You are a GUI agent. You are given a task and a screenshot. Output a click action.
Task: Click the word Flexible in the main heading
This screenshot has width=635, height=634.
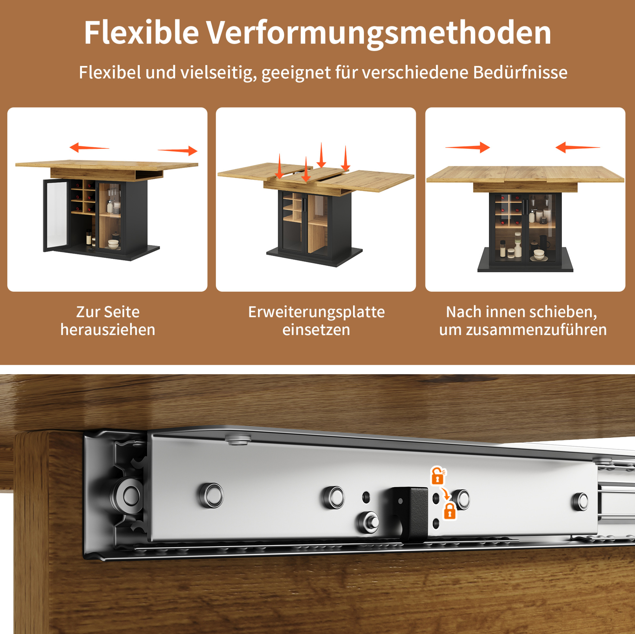(x=141, y=33)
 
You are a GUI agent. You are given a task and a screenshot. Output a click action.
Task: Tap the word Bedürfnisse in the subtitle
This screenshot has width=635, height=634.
(x=520, y=72)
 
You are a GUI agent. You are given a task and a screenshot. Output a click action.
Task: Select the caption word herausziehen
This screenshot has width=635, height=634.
(x=108, y=329)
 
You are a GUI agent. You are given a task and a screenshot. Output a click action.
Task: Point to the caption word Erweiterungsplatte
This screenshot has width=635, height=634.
(x=316, y=313)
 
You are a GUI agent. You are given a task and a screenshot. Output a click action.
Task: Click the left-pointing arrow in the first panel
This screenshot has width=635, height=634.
(x=89, y=148)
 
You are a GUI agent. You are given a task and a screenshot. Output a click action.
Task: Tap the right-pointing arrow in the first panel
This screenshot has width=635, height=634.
(x=177, y=150)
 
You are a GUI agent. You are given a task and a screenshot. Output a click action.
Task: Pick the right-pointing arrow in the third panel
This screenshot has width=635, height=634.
(x=467, y=148)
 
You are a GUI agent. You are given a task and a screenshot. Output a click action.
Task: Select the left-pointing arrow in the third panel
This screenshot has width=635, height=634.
(x=578, y=148)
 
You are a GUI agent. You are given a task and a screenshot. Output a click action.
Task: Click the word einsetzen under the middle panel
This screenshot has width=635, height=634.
(x=316, y=330)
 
